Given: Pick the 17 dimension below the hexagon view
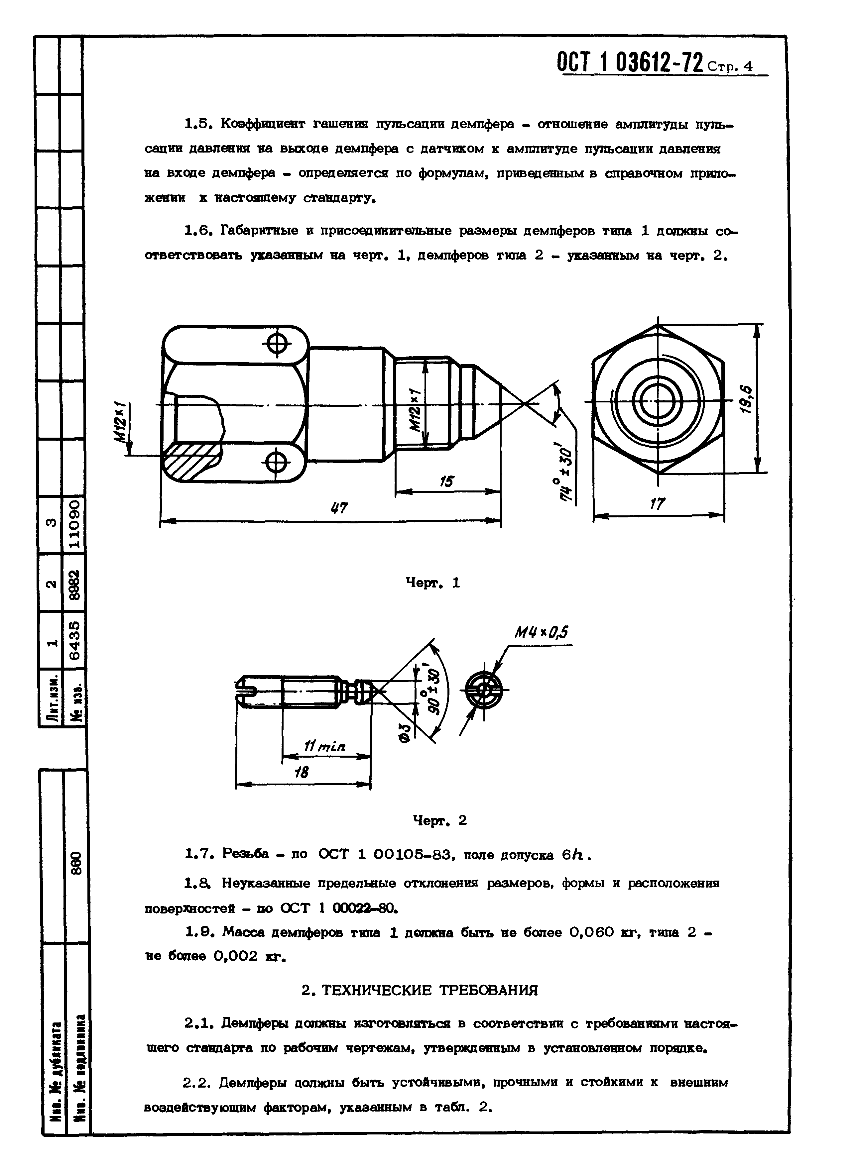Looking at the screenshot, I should coord(658,504).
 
